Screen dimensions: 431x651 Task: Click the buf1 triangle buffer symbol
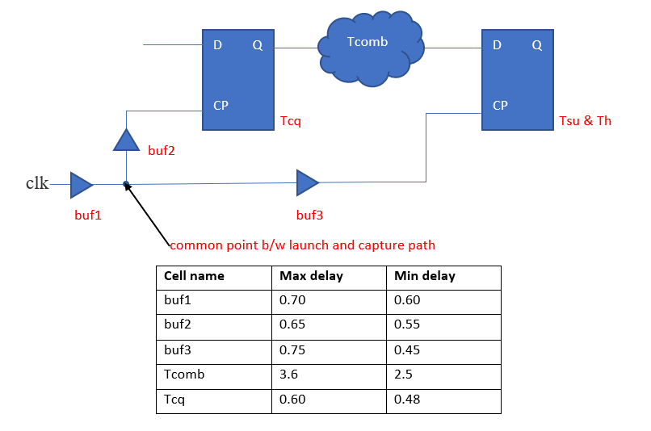click(x=80, y=185)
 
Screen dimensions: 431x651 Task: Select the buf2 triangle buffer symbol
click(x=126, y=140)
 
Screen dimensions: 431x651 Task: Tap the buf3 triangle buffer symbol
click(x=306, y=182)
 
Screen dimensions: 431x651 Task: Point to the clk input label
click(x=37, y=183)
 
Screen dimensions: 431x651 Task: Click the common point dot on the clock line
click(x=126, y=184)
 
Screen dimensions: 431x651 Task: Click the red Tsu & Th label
click(x=585, y=121)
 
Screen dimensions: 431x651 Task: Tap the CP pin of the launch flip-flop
click(x=220, y=105)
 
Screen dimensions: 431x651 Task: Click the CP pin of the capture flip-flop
click(x=500, y=105)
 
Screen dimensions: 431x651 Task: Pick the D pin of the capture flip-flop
click(x=497, y=45)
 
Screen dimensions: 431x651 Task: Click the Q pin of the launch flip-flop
click(x=258, y=45)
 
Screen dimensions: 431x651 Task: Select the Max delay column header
click(x=311, y=276)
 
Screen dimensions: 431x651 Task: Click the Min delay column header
click(x=425, y=276)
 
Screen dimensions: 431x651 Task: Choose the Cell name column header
click(x=194, y=276)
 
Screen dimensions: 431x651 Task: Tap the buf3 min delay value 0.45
click(x=407, y=350)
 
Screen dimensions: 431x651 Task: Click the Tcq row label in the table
click(x=174, y=400)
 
